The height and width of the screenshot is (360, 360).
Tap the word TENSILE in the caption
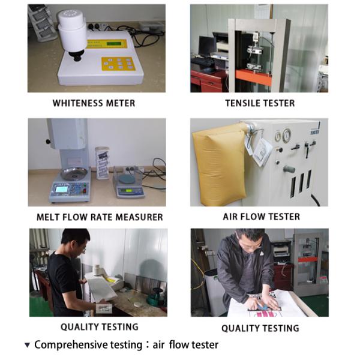[x=242, y=103]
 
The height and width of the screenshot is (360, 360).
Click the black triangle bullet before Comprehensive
[x=28, y=345]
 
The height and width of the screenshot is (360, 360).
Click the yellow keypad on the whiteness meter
[x=118, y=64]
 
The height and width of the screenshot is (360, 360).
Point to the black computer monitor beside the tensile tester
[x=208, y=46]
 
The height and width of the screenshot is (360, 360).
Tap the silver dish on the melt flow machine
[x=74, y=173]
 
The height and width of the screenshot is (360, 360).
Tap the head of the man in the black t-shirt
[x=75, y=241]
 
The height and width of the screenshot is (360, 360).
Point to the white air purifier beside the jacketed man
[x=212, y=292]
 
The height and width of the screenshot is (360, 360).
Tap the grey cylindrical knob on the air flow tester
[x=289, y=169]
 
